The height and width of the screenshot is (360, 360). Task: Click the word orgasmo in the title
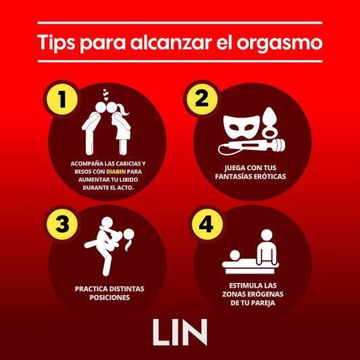[280, 44]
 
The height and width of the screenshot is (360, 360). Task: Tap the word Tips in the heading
[56, 43]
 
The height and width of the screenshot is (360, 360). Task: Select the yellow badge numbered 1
[62, 99]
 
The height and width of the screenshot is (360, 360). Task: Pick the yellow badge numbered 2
[202, 99]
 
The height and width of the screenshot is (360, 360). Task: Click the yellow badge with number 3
[62, 224]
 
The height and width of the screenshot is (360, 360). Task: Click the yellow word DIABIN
[116, 172]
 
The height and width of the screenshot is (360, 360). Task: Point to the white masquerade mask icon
[242, 127]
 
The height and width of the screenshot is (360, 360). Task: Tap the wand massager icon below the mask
[252, 147]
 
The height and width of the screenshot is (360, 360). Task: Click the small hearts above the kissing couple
[105, 95]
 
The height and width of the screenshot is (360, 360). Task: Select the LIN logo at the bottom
[180, 332]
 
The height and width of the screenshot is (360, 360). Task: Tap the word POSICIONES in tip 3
[109, 298]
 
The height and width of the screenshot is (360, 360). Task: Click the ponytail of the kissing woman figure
[123, 109]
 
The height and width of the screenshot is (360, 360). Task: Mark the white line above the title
[180, 23]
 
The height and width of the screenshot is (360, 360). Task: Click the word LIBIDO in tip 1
[128, 180]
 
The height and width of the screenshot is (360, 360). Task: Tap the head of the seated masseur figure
[267, 235]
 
